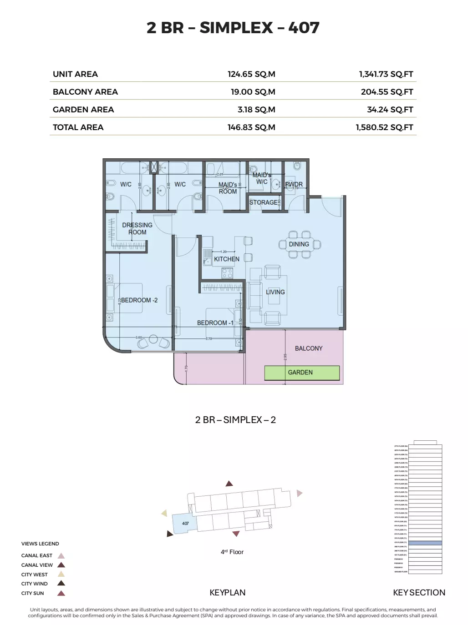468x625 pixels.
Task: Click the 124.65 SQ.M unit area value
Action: [x=251, y=74]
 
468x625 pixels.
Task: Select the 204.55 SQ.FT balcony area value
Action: [x=387, y=92]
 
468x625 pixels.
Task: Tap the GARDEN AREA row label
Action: [x=83, y=110]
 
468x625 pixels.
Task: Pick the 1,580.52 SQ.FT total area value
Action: [x=384, y=127]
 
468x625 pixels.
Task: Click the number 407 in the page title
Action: [x=304, y=28]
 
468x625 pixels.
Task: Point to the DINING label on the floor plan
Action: [x=299, y=244]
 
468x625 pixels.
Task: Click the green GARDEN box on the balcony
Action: [x=302, y=373]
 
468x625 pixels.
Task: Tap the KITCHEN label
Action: [x=227, y=259]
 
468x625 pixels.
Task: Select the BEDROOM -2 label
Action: [x=139, y=300]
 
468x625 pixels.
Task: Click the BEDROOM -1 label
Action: [x=215, y=323]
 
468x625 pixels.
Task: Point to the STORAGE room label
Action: [x=263, y=202]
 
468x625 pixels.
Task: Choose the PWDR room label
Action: [x=294, y=184]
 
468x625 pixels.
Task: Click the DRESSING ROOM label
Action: [x=137, y=228]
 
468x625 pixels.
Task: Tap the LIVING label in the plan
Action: [x=275, y=292]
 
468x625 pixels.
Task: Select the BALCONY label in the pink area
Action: [x=309, y=348]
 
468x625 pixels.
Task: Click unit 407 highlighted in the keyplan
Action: [x=185, y=524]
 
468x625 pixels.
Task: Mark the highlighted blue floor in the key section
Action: [x=425, y=543]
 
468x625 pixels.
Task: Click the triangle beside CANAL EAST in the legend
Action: [x=61, y=555]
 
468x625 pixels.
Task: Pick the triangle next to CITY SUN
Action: [x=61, y=593]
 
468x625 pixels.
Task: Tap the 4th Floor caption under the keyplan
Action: [x=232, y=552]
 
